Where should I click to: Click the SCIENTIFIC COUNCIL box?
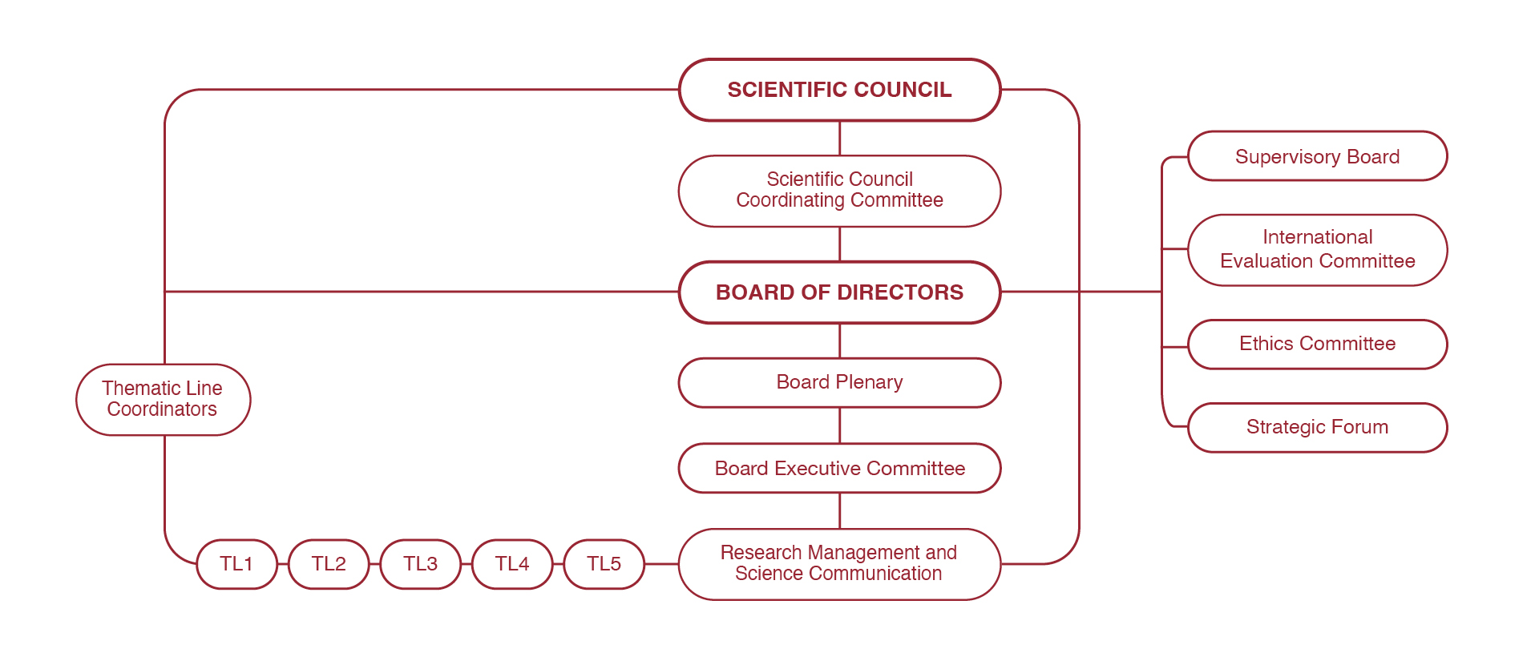839,90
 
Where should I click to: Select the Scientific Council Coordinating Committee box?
839,191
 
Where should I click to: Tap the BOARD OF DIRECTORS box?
839,292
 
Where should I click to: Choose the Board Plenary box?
839,382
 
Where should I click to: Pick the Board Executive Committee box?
839,468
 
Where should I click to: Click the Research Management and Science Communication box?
839,563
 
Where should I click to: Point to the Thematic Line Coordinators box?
163,399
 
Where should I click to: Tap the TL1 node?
236,564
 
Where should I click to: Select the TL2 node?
329,564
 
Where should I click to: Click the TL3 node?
420,564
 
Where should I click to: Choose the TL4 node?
512,564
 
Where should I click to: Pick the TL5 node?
604,564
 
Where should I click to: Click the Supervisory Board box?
1317,156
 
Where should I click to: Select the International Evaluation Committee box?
1317,249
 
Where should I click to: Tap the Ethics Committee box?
1317,344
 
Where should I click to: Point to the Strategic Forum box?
1317,427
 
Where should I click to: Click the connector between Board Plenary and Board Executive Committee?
839,425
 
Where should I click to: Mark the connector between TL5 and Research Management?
661,564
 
